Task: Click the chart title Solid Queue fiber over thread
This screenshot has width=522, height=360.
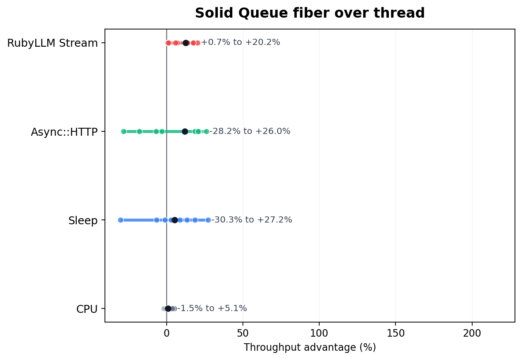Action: [309, 13]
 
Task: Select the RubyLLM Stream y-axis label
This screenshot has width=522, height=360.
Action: [52, 43]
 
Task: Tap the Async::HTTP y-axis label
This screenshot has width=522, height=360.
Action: [64, 132]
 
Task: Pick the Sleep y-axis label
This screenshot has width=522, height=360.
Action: [83, 220]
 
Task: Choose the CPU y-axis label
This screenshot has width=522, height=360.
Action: [87, 309]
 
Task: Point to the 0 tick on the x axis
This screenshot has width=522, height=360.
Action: [167, 333]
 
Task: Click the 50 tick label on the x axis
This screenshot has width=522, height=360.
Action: [243, 333]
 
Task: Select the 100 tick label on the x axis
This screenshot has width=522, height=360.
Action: [319, 333]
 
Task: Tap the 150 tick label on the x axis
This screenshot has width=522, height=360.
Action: [395, 333]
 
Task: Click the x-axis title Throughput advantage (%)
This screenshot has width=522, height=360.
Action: [309, 348]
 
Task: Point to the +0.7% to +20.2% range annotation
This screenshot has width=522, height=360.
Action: [241, 43]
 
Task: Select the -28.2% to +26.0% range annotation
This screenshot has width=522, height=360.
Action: [250, 131]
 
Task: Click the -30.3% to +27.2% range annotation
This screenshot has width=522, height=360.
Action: [252, 220]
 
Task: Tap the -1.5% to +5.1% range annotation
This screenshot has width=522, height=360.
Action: [212, 308]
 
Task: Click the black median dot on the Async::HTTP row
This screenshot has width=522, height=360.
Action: [185, 131]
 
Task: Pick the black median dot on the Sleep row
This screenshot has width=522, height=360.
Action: [175, 220]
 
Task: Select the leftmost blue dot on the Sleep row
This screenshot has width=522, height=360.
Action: [120, 220]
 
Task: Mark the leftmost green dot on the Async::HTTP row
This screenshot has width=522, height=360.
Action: [123, 131]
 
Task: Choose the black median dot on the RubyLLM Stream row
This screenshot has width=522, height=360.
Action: [186, 43]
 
